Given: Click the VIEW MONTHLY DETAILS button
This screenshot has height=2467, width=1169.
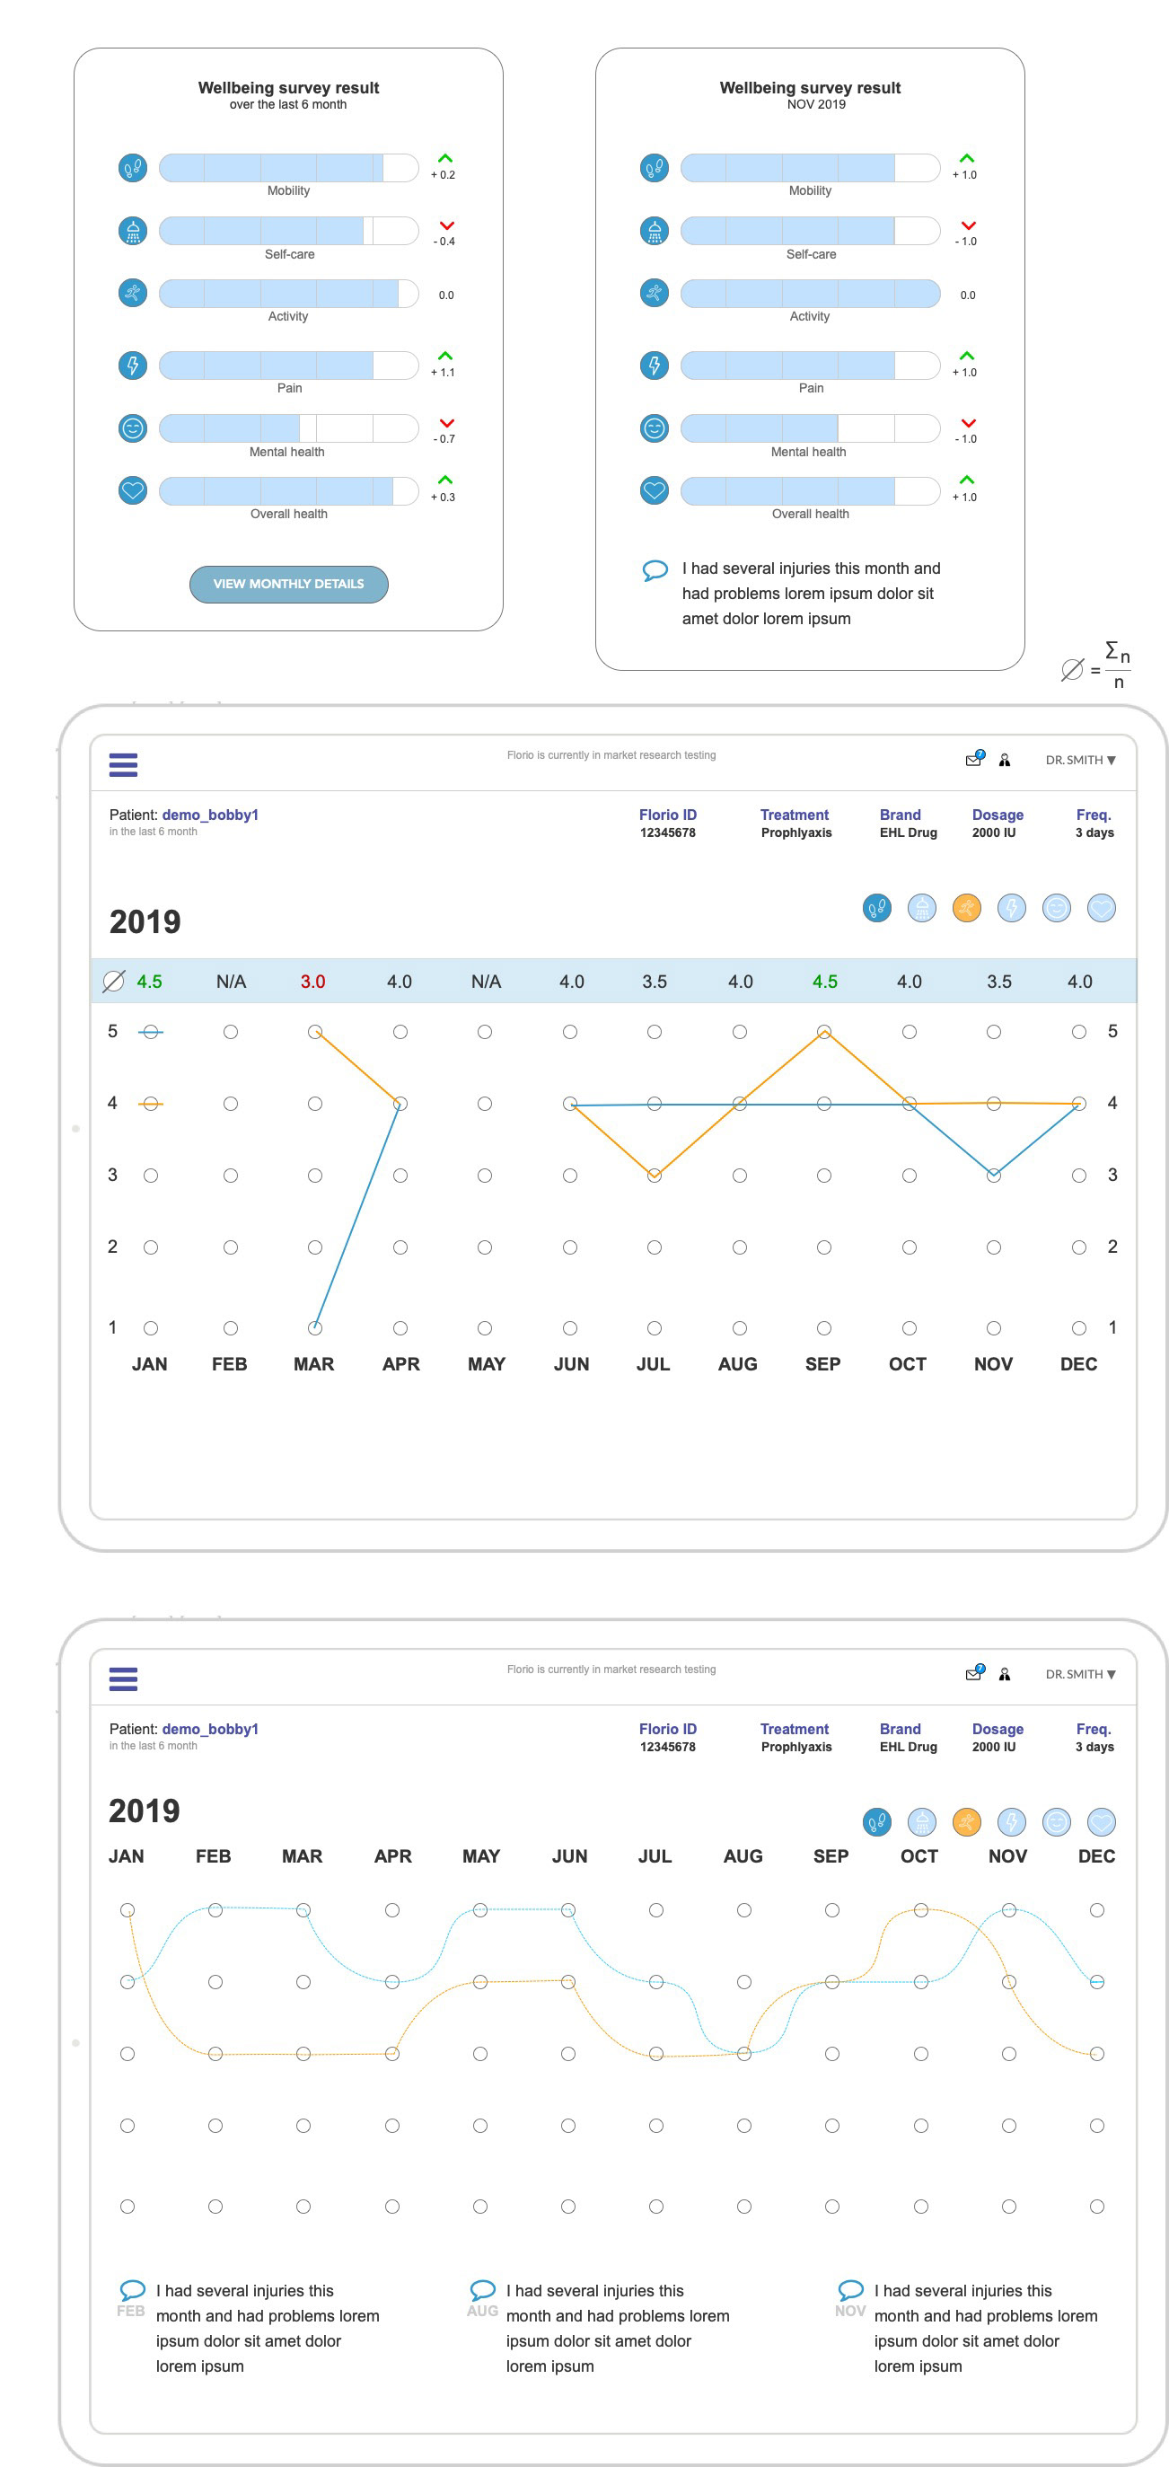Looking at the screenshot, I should tap(288, 584).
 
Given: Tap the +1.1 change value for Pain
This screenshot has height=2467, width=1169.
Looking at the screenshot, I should tap(444, 373).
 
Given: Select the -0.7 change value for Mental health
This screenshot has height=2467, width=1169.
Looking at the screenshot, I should tap(444, 438).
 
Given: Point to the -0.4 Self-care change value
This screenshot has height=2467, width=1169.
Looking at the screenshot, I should tap(444, 242).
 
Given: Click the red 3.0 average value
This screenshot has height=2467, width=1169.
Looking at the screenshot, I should tap(313, 982).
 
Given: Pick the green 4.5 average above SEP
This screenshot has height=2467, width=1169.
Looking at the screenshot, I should tap(824, 982).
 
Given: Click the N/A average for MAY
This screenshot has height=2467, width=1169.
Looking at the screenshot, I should tap(486, 982).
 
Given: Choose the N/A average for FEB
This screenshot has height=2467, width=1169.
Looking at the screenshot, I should tap(231, 982).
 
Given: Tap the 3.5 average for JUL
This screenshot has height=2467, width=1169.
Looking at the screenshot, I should tap(654, 982).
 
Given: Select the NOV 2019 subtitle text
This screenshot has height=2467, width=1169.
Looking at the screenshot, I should tap(816, 104).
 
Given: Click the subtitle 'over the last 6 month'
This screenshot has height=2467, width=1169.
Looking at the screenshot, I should tap(288, 104).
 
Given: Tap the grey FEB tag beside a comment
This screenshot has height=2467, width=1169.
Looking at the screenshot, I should tap(130, 2311).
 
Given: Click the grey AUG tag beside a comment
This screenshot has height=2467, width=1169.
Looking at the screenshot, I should tap(482, 2311).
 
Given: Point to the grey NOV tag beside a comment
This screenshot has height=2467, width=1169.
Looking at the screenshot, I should tap(850, 2311).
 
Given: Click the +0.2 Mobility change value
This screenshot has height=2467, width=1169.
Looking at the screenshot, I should tap(444, 175).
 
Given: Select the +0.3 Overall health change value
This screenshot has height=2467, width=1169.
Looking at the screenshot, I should tap(444, 497).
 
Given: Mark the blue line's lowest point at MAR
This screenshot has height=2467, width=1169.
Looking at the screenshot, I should tap(315, 1327).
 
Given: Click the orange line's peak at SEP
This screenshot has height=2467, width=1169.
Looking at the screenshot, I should tap(823, 1031).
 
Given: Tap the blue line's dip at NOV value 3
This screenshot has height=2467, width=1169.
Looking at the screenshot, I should tap(994, 1175).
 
